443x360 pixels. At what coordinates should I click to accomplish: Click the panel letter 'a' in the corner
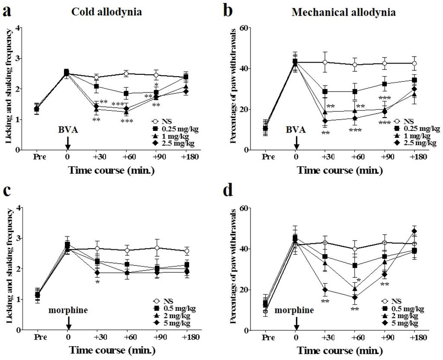(7, 11)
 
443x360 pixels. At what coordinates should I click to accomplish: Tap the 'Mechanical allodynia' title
(343, 13)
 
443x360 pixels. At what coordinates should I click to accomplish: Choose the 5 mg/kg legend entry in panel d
(402, 323)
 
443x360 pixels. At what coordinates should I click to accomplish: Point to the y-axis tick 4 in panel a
(18, 28)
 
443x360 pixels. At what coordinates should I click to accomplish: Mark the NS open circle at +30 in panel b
(324, 62)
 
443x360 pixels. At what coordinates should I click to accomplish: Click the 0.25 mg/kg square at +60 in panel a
(126, 93)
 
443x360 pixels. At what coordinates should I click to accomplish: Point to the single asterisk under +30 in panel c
(98, 282)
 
